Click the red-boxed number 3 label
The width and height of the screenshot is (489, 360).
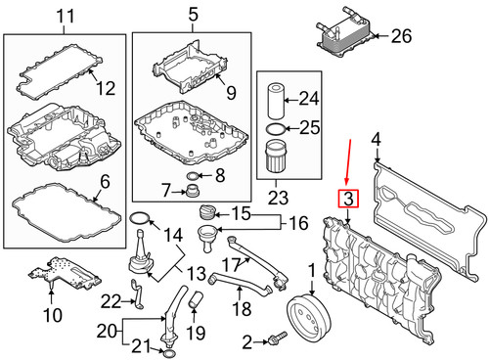click(348, 199)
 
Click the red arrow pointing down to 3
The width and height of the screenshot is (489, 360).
click(348, 161)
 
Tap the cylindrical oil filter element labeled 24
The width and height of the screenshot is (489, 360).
click(276, 101)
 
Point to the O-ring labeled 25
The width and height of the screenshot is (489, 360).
click(276, 129)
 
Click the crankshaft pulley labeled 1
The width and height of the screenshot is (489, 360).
click(309, 317)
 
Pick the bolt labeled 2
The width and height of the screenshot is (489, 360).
click(277, 338)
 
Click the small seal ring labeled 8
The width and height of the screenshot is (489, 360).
click(193, 176)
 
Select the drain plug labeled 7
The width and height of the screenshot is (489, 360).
click(192, 191)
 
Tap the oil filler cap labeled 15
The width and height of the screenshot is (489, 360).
click(206, 212)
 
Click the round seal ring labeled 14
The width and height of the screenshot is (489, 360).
click(141, 218)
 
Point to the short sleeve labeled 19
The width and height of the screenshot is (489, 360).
click(197, 299)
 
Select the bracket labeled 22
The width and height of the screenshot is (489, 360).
click(138, 294)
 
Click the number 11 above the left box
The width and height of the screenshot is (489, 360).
click(66, 16)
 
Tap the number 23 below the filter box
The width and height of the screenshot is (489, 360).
click(278, 198)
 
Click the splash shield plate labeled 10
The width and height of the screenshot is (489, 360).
click(65, 274)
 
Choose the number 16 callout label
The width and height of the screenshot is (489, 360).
click(298, 223)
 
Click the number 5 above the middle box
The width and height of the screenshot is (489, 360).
click(194, 15)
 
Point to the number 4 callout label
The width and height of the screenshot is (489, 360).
click(376, 140)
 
